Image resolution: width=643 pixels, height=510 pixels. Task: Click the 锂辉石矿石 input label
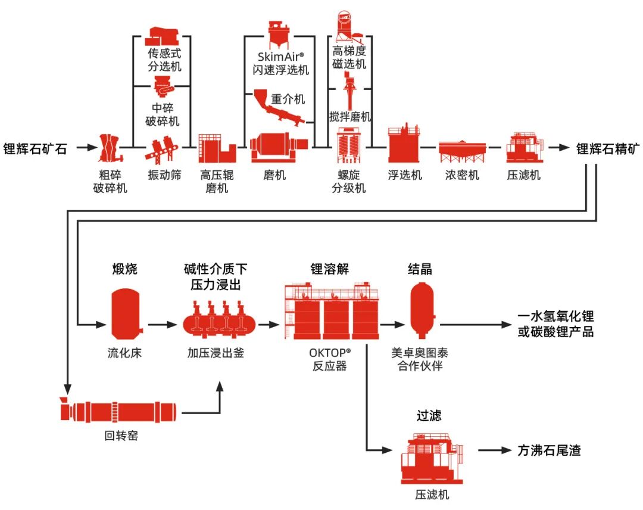(x=35, y=148)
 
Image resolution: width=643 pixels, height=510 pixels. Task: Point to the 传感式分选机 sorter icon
(x=164, y=35)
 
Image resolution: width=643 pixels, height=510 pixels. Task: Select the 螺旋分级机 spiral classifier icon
(x=349, y=146)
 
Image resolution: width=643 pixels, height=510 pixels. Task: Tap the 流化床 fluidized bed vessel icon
(x=125, y=312)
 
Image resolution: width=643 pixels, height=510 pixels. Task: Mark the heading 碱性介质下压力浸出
(x=215, y=276)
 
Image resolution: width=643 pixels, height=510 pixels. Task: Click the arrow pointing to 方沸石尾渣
(x=494, y=450)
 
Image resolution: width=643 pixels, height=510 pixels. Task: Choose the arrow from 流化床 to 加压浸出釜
(x=162, y=325)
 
